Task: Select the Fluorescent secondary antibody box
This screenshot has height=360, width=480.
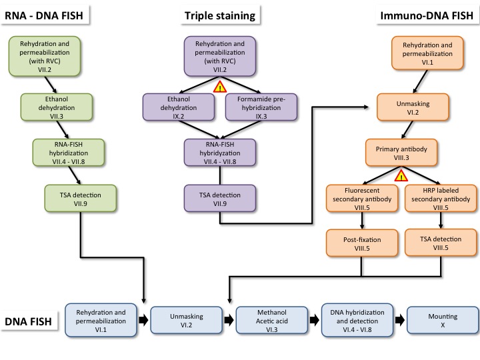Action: pos(361,198)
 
